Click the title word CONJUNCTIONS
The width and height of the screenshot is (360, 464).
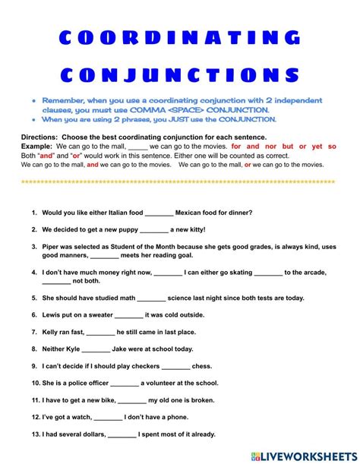pyautogui.click(x=180, y=75)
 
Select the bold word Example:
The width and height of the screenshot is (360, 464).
pyautogui.click(x=37, y=146)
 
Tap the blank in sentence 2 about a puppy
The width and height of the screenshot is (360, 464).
pyautogui.click(x=154, y=229)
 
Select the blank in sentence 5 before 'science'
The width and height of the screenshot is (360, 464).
pyautogui.click(x=152, y=298)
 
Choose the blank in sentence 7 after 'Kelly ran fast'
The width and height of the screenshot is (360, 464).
pyautogui.click(x=100, y=332)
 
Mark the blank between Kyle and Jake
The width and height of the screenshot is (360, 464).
pyautogui.click(x=96, y=349)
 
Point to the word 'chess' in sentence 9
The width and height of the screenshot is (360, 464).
pyautogui.click(x=202, y=366)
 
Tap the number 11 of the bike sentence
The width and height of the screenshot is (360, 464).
pyautogui.click(x=36, y=400)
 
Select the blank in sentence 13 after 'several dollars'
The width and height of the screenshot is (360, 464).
pyautogui.click(x=122, y=435)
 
